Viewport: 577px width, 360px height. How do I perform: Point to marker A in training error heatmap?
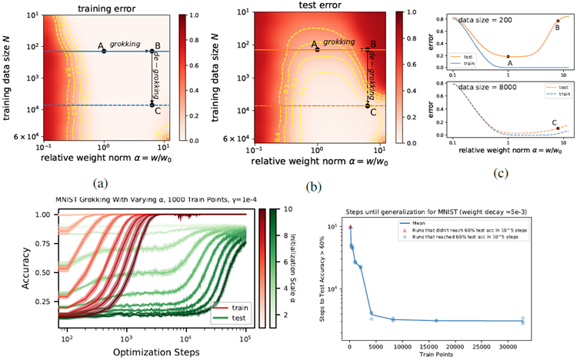104,52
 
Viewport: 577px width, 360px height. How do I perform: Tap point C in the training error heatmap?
152,105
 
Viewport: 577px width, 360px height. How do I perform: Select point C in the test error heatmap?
367,105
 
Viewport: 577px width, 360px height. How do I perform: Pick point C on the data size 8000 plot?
558,128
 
